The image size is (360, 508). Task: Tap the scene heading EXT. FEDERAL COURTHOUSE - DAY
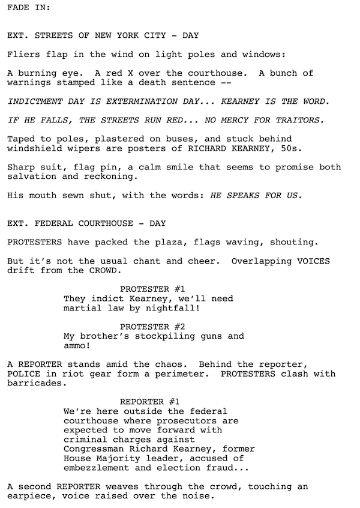tap(86, 223)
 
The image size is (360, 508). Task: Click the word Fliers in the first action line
tap(22, 55)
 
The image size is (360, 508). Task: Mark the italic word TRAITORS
tap(304, 120)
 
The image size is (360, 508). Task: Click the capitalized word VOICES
tap(314, 261)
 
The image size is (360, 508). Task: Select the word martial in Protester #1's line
tap(81, 307)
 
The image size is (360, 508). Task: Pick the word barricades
tap(34, 383)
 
